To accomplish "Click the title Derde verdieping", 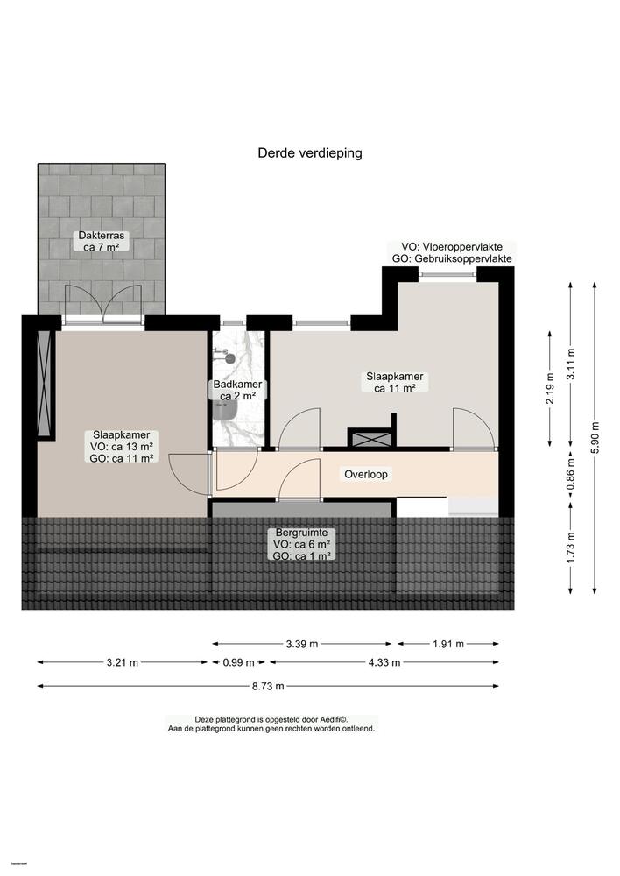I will point(309,152).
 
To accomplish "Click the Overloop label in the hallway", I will point(366,474).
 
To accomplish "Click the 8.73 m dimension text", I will point(268,685).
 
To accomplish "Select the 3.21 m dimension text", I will point(122,662).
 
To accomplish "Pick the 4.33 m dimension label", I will point(383,662).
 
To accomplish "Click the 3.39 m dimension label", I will point(303,645).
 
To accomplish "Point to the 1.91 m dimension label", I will point(449,645).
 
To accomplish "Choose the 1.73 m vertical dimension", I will point(571,548).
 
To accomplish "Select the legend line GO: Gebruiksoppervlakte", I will point(452,260).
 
